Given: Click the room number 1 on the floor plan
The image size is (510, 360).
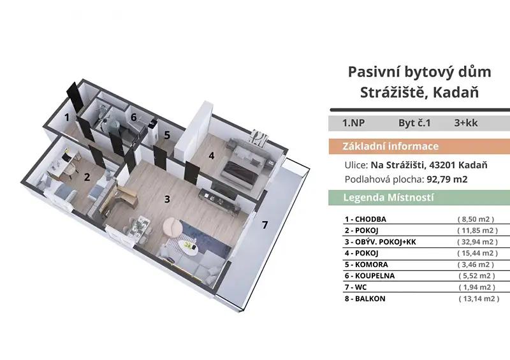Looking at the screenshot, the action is (x=67, y=117).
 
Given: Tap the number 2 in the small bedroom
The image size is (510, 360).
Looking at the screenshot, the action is (x=87, y=177).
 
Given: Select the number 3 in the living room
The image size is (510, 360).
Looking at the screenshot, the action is (x=167, y=199).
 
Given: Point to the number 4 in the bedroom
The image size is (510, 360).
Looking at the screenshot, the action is (x=212, y=155).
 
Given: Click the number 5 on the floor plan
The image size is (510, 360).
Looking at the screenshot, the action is (x=167, y=135).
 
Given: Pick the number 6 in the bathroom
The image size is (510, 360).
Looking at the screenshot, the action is (x=134, y=117).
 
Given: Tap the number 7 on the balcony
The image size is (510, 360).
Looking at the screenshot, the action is (x=265, y=225).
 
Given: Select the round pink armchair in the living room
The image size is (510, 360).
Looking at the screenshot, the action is (x=173, y=226).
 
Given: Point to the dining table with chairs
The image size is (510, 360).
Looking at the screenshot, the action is (x=139, y=227).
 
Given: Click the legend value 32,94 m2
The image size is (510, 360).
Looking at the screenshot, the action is (x=477, y=242).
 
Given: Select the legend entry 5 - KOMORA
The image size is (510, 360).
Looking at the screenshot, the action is (x=366, y=264).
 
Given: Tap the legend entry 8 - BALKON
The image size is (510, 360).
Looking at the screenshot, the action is (x=365, y=299).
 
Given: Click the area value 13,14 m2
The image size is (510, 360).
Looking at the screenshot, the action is (x=479, y=299).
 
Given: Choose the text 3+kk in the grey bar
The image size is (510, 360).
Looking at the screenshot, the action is (x=466, y=123).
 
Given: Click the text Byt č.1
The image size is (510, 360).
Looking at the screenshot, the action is (x=414, y=123).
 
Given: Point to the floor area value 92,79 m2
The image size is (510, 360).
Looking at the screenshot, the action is (x=447, y=180).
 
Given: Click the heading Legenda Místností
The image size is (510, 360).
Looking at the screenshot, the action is (x=389, y=198).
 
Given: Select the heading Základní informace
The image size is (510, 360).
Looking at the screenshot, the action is (x=390, y=147).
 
